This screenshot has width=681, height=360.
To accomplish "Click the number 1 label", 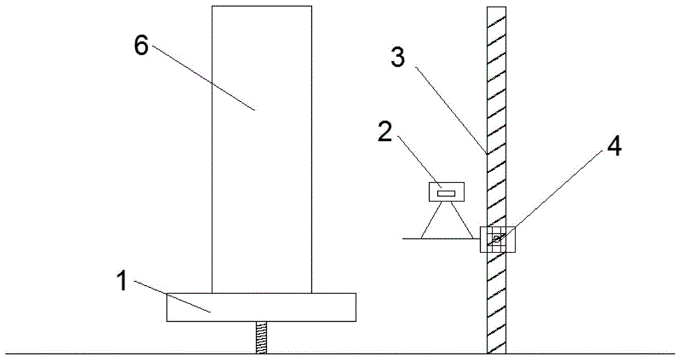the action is click(123, 280).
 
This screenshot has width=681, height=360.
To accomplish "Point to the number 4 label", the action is click(614, 147).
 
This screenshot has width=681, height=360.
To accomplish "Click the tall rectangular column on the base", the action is click(262, 150).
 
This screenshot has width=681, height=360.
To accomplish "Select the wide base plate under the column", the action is click(262, 308).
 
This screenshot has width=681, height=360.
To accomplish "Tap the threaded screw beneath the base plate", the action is click(262, 338).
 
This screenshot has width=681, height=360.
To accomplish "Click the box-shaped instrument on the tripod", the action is click(447, 192).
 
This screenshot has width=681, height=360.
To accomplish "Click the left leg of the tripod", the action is click(430, 220).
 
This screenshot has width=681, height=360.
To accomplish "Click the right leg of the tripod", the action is click(462, 220).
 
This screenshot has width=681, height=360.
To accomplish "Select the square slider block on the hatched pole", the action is click(497, 240).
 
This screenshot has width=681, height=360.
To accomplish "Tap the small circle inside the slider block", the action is click(496, 238).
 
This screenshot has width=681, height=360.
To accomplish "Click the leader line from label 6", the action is click(203, 78).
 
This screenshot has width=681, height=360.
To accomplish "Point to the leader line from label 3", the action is click(449, 110).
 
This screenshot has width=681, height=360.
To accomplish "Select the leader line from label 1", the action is click(172, 296).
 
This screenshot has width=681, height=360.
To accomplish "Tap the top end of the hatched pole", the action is click(496, 7).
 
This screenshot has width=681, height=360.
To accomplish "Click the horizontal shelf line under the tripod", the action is click(441, 239).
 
